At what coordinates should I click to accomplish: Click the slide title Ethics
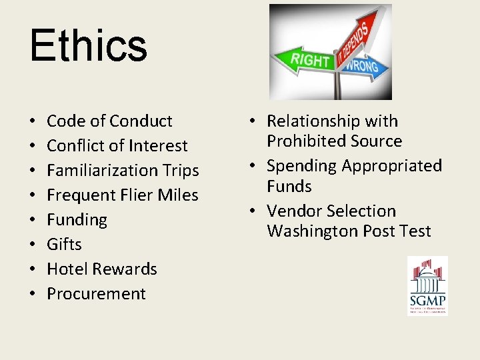(88, 45)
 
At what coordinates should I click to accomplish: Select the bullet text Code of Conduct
(109, 121)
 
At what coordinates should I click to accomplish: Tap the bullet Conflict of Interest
(117, 146)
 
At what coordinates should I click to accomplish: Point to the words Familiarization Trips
(123, 171)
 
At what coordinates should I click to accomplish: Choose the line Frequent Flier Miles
(123, 195)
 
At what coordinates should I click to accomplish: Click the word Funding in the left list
(77, 220)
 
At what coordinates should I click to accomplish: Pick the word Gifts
(64, 245)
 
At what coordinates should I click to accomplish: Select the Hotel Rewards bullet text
(102, 269)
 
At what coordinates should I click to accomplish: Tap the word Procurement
(96, 294)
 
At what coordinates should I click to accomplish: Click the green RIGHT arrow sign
(308, 61)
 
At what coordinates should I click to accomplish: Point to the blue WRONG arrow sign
(363, 66)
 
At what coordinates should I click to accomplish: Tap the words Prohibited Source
(334, 141)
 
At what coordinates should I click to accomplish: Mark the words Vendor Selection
(331, 211)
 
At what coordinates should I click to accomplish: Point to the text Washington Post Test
(349, 231)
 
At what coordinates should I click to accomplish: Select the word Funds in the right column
(289, 187)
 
